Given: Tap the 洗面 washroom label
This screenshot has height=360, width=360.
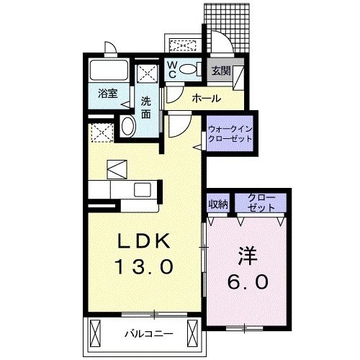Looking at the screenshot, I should (x=146, y=107).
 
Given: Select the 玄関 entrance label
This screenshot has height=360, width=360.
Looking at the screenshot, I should (x=220, y=71).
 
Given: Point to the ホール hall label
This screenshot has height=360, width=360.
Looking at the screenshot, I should (x=206, y=99).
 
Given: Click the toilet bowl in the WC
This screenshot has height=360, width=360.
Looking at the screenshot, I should (x=189, y=70).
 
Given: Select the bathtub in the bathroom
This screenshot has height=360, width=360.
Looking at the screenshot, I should (x=108, y=71).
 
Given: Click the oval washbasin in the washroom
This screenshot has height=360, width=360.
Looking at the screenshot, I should (x=129, y=127).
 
